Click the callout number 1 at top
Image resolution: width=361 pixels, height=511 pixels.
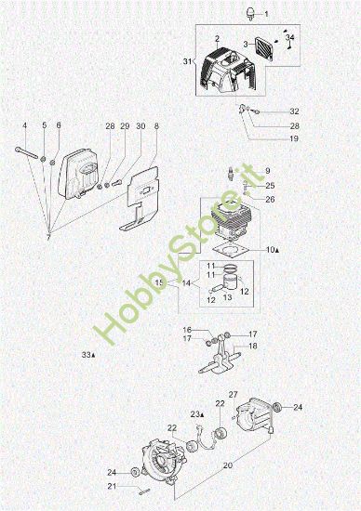pos(265,16)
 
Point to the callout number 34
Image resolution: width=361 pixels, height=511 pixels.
pos(289,37)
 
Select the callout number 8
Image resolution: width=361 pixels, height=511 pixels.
pos(156,125)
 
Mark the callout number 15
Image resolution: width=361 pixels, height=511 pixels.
pos(159,282)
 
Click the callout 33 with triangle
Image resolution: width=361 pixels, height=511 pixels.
pos(88,354)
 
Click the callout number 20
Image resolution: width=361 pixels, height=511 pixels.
pos(229,465)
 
